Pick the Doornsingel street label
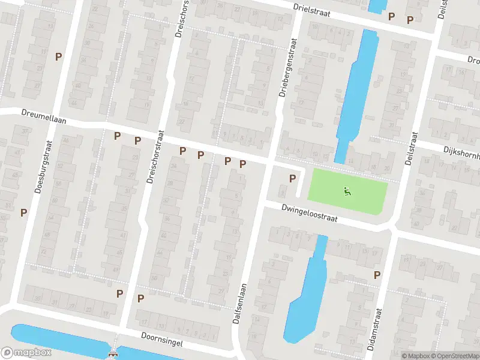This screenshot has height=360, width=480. [x=162, y=338]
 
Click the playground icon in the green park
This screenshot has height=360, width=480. [x=347, y=191]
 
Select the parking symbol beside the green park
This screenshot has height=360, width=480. [x=293, y=178]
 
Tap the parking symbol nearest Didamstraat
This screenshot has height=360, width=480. [x=377, y=275]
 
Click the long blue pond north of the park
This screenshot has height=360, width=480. [x=355, y=90]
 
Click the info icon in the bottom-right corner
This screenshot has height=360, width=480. [x=396, y=356]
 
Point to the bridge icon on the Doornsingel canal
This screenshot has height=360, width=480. [x=112, y=353]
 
